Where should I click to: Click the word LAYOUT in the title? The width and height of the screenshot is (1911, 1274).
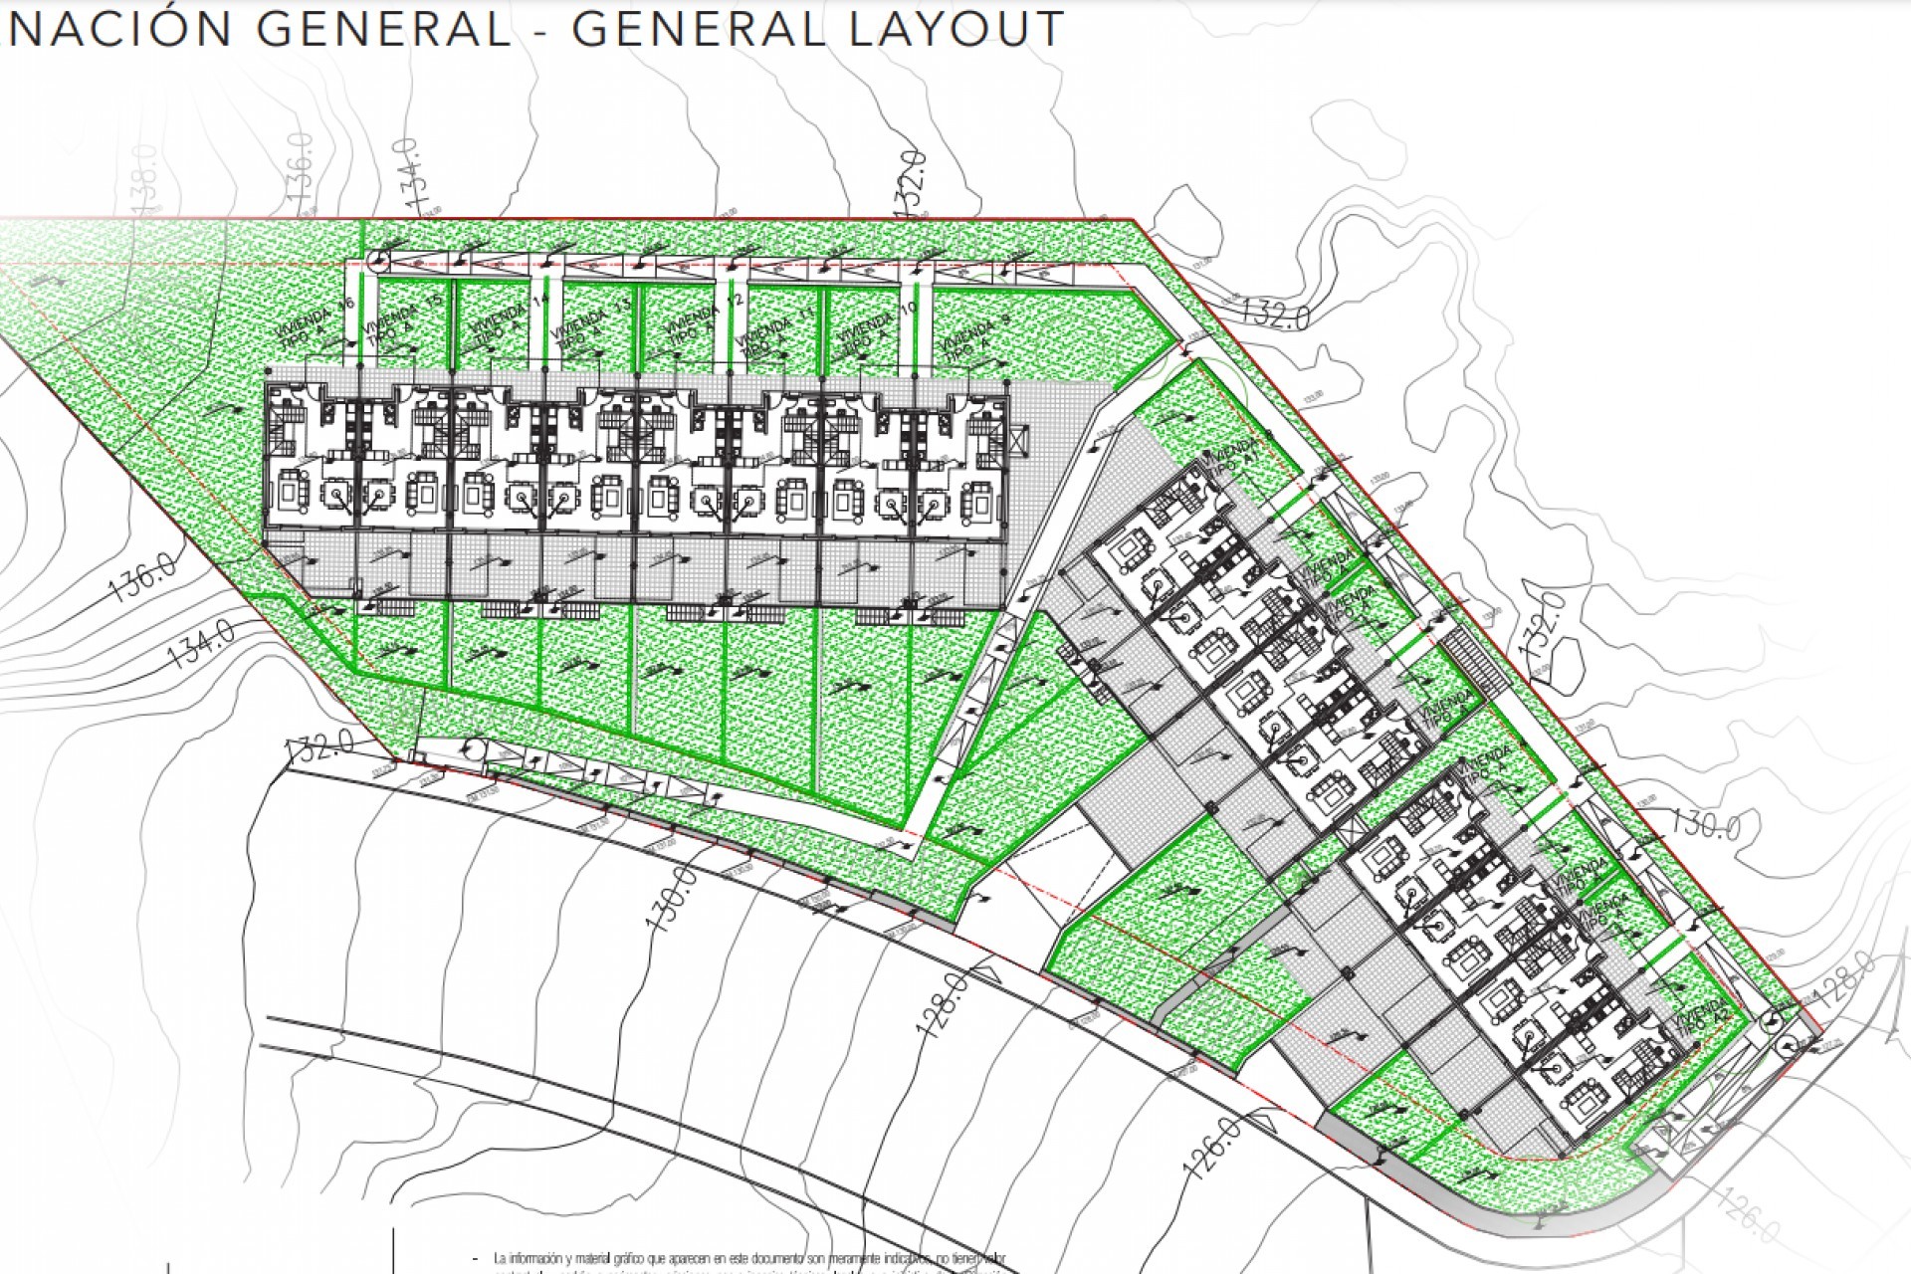(x=956, y=29)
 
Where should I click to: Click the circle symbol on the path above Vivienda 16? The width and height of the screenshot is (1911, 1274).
(x=377, y=262)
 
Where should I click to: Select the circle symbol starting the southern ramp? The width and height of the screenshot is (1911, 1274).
(x=474, y=748)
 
